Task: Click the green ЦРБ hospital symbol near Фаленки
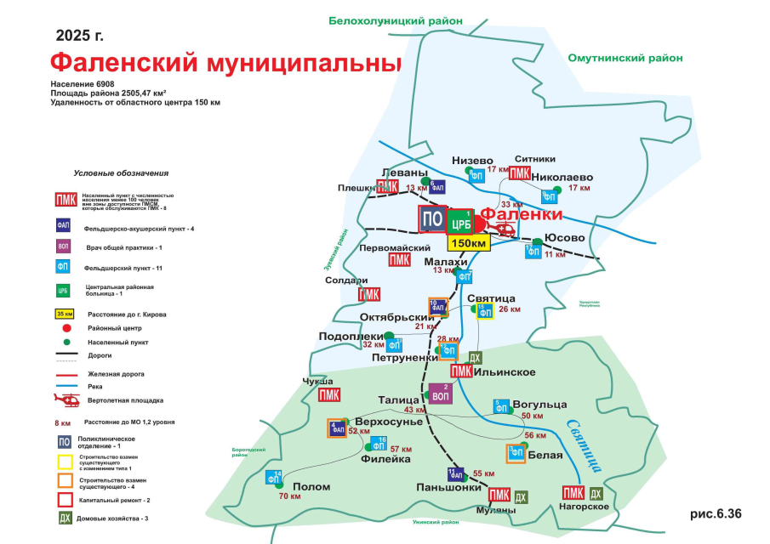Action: click(x=460, y=222)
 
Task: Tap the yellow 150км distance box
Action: click(x=468, y=243)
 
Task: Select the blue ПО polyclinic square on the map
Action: click(x=432, y=218)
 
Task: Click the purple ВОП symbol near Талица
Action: click(x=441, y=394)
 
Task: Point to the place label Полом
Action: click(x=305, y=487)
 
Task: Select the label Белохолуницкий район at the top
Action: click(x=396, y=20)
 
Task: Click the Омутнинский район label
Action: click(x=625, y=58)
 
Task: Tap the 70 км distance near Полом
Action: click(x=289, y=496)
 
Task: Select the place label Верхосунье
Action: click(x=388, y=422)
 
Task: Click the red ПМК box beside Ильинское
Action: click(x=461, y=371)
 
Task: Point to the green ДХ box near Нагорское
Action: click(x=596, y=494)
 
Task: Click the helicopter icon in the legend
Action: click(x=66, y=399)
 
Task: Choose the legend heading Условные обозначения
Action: click(x=121, y=173)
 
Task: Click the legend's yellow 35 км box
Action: click(x=65, y=314)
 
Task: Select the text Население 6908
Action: click(x=83, y=85)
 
